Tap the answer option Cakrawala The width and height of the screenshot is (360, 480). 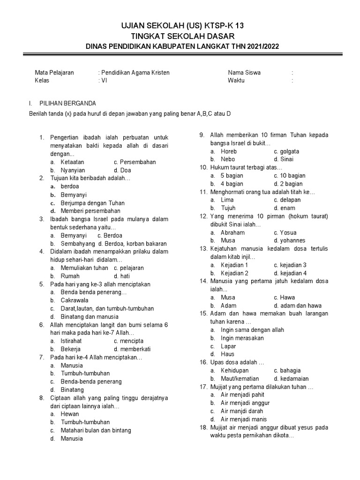click(75, 300)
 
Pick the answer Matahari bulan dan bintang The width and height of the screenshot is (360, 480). click(96, 430)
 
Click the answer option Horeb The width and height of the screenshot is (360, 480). click(229, 151)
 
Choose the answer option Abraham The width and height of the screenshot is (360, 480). click(232, 232)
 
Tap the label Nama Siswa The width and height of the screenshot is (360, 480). click(244, 73)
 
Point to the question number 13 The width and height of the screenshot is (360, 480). click(203, 249)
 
